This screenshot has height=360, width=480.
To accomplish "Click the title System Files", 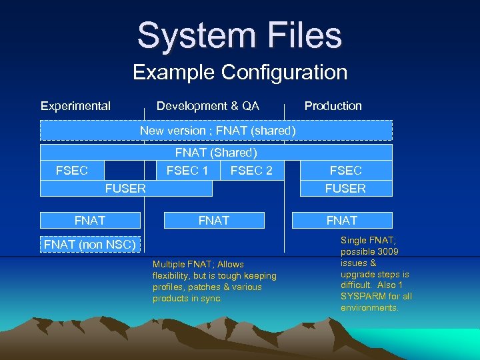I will tap(239, 35).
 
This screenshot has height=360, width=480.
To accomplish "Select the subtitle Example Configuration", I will tap(240, 72).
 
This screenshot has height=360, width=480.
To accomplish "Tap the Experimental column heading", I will tap(75, 106).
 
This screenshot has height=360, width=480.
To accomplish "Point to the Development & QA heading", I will tap(207, 106).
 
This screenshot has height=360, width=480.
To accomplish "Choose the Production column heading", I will tap(333, 106).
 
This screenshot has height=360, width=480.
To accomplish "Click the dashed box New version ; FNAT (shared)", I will tap(217, 131).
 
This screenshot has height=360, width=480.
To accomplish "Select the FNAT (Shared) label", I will tap(216, 153).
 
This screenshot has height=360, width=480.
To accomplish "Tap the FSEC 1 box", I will tap(187, 171).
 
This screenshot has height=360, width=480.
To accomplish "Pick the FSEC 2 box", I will tap(251, 171).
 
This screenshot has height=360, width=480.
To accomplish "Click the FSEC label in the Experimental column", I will tap(72, 171).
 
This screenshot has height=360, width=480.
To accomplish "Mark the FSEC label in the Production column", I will tap(345, 171).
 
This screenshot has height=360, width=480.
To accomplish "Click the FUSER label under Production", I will tap(345, 189).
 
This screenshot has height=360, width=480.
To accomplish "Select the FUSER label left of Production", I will tap(125, 189).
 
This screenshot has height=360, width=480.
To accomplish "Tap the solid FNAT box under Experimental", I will tap(90, 221).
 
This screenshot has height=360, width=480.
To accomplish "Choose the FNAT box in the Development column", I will tap(214, 221).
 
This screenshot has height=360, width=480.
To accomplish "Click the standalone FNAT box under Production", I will tap(342, 221).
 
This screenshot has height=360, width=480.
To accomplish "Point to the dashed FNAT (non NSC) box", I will tap(90, 245).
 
